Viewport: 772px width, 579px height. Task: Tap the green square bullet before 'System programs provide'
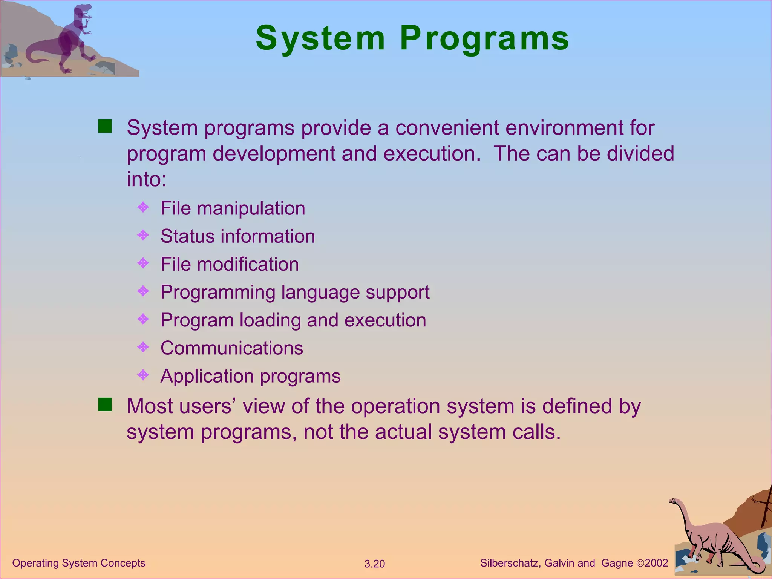105,127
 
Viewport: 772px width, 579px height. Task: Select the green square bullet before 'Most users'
105,405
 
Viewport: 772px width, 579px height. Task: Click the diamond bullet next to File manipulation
143,207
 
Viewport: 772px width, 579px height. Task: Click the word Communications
231,348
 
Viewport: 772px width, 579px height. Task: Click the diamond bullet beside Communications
143,347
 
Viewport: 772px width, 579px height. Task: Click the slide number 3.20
374,564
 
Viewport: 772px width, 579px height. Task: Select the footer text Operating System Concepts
79,563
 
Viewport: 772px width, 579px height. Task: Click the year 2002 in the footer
656,563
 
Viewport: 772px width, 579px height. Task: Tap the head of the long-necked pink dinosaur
673,501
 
